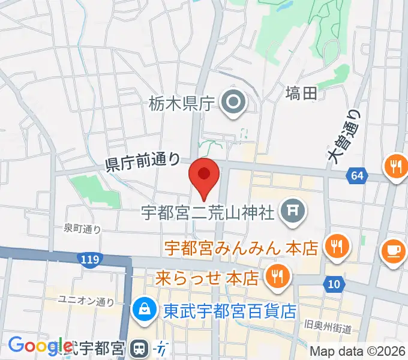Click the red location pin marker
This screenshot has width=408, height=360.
click(x=204, y=175)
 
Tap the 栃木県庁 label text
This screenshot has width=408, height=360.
click(x=181, y=104)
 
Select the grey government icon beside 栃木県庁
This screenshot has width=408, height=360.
click(x=232, y=103)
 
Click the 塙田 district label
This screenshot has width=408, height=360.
click(x=301, y=93)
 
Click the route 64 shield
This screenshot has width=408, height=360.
click(x=356, y=176)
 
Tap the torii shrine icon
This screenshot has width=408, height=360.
click(x=293, y=211)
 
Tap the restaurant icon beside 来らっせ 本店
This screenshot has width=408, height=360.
click(x=278, y=277)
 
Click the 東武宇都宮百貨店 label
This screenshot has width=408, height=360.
click(x=230, y=311)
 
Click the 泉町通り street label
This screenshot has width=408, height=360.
click(x=83, y=229)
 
